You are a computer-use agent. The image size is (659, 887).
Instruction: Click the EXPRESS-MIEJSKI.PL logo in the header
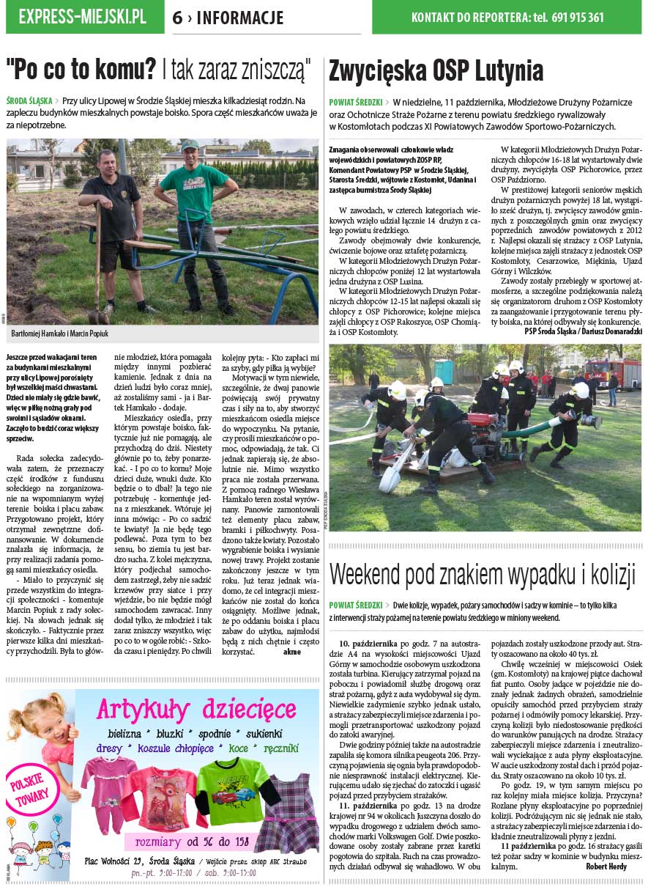click(x=82, y=17)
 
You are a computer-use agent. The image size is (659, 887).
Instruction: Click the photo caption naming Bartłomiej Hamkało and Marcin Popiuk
click(x=60, y=334)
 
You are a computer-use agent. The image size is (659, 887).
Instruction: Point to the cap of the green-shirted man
click(x=190, y=145)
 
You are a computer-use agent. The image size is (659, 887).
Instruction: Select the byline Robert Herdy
click(x=606, y=866)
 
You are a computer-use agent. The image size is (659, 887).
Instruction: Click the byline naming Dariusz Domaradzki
click(x=573, y=331)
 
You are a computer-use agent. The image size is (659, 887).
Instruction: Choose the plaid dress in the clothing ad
click(x=286, y=805)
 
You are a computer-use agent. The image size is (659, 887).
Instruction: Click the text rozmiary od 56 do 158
click(x=191, y=842)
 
